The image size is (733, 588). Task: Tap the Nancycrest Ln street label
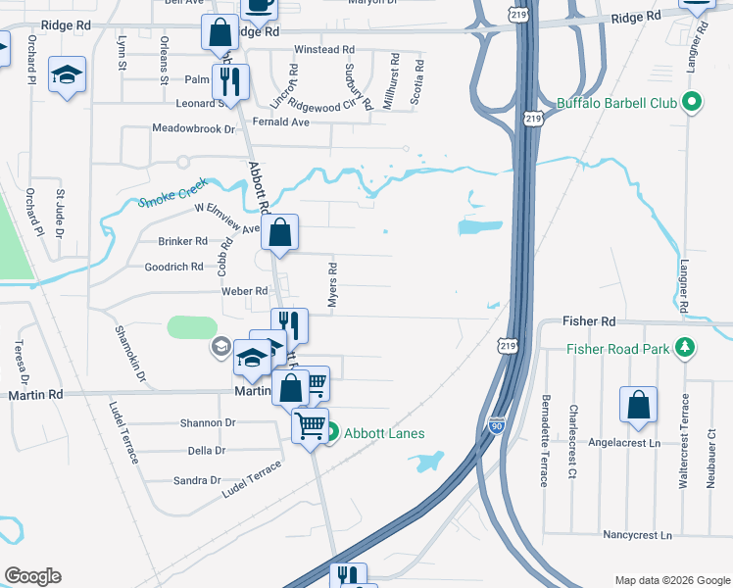tap(639, 536)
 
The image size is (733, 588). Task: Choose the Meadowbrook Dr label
tap(194, 128)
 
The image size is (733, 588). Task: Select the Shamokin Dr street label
tap(128, 354)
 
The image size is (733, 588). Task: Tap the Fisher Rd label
tap(589, 321)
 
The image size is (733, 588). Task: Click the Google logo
tap(32, 576)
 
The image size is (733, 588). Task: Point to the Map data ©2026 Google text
tap(672, 580)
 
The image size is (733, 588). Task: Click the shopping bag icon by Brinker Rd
tap(280, 233)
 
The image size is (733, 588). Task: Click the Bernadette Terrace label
tap(544, 441)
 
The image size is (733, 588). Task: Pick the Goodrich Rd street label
tap(173, 267)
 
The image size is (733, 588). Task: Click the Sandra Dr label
tap(197, 480)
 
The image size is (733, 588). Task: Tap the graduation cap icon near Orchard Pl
tap(68, 74)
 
